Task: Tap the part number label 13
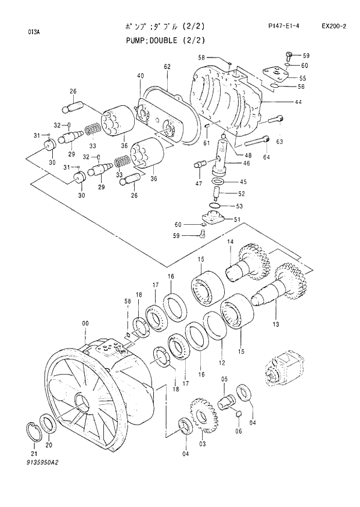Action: tap(276, 323)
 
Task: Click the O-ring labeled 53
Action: tap(214, 206)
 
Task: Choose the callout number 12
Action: tap(221, 362)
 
